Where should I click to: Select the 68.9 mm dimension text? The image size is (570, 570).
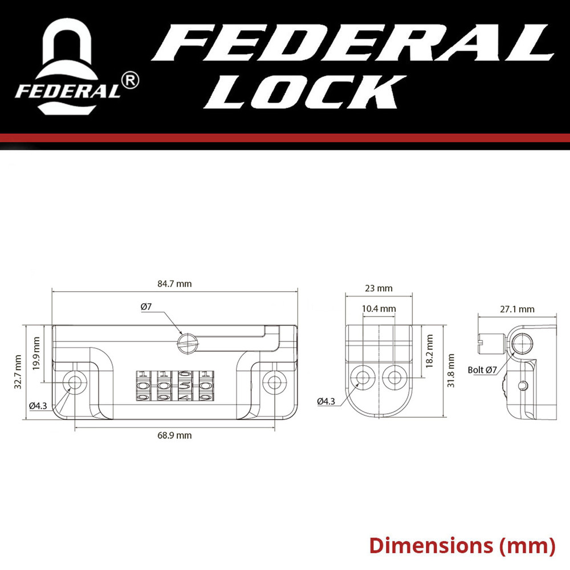[174, 435]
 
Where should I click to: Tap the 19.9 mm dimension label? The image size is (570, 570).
[36, 353]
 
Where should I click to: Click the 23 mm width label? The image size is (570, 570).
[379, 288]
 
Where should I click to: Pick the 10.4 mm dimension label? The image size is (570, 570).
[379, 308]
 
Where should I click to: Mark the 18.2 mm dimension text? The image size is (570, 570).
[429, 351]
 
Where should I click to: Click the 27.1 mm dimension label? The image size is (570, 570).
[517, 309]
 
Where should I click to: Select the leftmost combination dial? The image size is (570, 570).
[143, 385]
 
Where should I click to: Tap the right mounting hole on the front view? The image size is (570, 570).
[275, 381]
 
